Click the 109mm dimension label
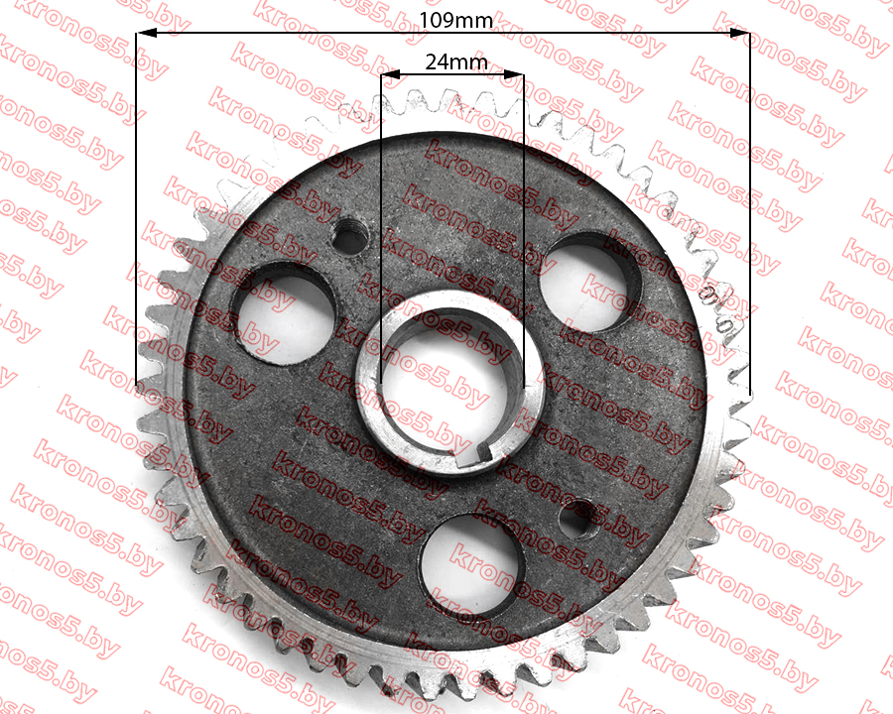455,21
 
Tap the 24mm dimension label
456,61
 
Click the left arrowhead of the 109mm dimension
147,33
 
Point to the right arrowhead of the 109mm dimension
740,33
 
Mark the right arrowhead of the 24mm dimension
514,73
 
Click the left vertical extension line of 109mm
136,208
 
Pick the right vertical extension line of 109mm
750,212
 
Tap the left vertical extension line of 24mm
381,228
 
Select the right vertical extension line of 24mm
523,230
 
